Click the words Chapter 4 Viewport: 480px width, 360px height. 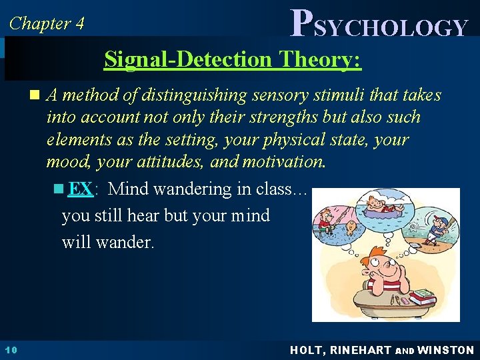coord(47,23)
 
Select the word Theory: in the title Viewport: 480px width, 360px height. coord(321,59)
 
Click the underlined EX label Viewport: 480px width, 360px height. coord(80,189)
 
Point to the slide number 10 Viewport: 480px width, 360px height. coord(9,350)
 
